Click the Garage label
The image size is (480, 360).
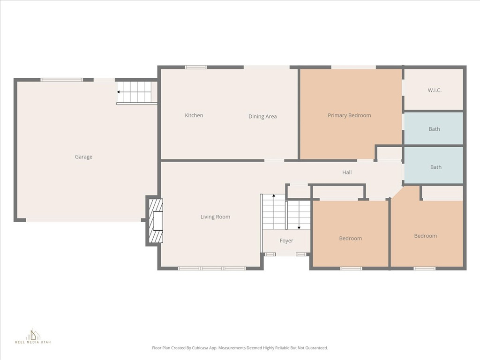(x=83, y=157)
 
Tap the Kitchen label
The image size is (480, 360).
(x=194, y=115)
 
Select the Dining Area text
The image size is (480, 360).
(x=262, y=116)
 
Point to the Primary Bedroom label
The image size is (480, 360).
(x=349, y=115)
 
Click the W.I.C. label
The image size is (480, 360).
(x=435, y=90)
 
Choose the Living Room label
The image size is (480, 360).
(x=215, y=217)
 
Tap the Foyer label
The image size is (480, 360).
(x=286, y=240)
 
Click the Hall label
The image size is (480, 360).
(x=347, y=172)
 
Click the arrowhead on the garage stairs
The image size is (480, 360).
(x=119, y=92)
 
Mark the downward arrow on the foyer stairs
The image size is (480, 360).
(x=299, y=215)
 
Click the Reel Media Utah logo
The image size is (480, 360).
(x=33, y=336)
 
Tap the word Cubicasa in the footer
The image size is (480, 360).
(x=199, y=348)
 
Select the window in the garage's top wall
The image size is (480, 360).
(x=61, y=80)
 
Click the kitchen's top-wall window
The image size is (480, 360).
(x=195, y=67)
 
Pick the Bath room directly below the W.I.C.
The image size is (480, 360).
(x=434, y=128)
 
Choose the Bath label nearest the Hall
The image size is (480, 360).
(x=436, y=167)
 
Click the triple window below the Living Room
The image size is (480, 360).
(x=212, y=269)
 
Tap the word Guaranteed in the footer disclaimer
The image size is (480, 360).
(x=318, y=348)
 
